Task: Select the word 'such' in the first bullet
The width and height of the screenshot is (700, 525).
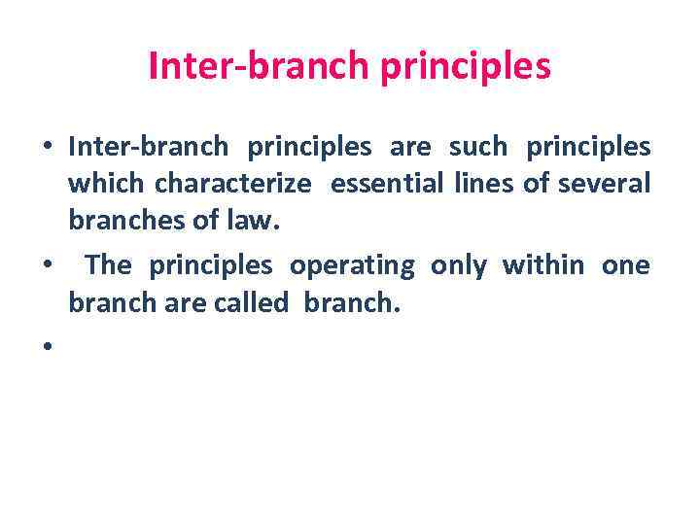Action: pos(477,147)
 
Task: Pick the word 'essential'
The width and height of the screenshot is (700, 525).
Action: pos(378,184)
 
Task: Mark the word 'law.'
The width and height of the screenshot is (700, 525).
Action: pos(251,221)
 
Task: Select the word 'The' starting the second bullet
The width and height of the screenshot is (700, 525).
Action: pos(108,265)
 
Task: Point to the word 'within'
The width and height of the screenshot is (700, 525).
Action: pos(543,265)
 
